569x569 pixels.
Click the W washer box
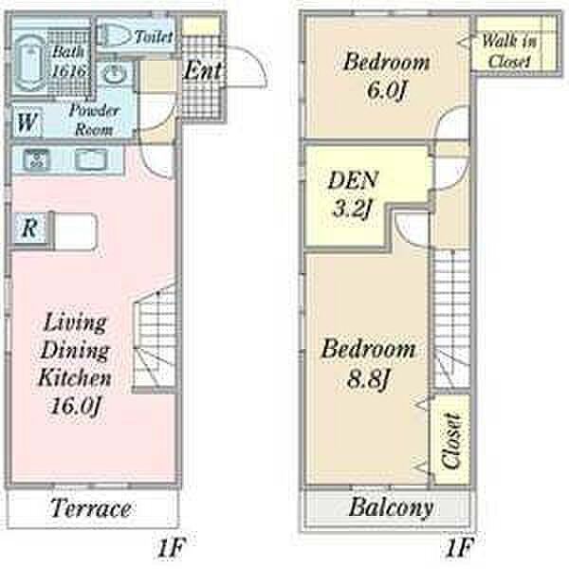pos(27,121)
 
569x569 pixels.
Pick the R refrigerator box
pos(29,228)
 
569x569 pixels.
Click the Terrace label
pos(90,508)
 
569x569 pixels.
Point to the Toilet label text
pos(154,37)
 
